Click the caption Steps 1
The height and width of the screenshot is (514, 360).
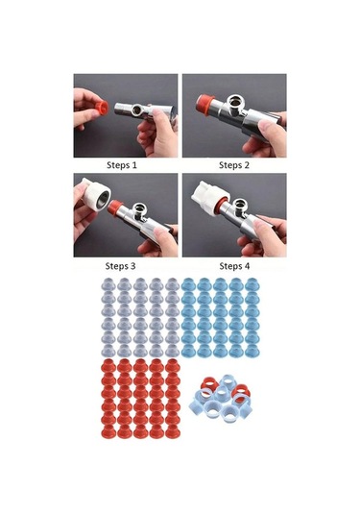(x=122, y=165)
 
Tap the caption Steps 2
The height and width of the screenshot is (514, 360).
(x=234, y=165)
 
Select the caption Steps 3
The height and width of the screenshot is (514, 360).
(x=120, y=266)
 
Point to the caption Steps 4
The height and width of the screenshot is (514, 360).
(x=234, y=266)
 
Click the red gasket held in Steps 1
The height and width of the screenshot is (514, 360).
(x=102, y=107)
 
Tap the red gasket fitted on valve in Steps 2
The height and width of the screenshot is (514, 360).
(x=204, y=103)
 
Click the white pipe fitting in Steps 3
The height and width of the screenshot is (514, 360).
(x=95, y=196)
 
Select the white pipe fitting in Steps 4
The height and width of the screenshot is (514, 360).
(x=209, y=196)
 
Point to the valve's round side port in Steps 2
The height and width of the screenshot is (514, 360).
(x=235, y=102)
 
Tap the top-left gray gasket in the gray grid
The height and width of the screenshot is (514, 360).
(x=108, y=283)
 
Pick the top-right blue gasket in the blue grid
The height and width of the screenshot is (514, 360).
(x=252, y=283)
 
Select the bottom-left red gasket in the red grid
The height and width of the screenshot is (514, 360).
(x=108, y=431)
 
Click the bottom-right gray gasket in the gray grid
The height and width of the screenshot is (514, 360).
(x=172, y=351)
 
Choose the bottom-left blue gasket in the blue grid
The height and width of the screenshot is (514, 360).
(x=188, y=351)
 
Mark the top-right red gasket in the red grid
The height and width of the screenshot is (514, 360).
(x=172, y=365)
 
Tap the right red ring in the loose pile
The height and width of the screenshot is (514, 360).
(x=242, y=390)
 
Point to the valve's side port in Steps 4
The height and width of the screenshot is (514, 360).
(x=240, y=205)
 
